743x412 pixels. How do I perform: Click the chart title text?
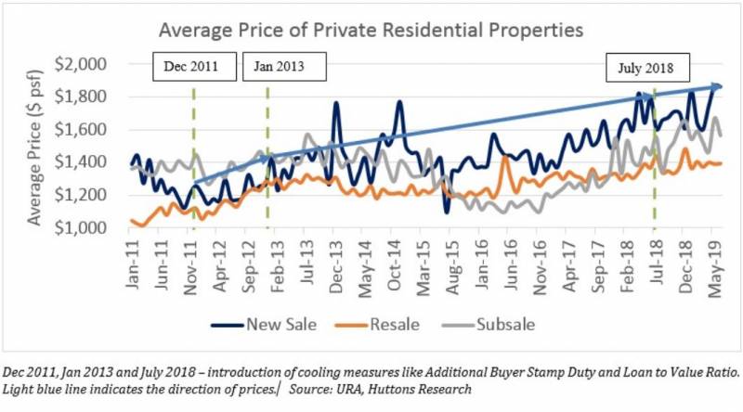[371, 30]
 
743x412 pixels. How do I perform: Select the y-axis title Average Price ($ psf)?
[37, 146]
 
